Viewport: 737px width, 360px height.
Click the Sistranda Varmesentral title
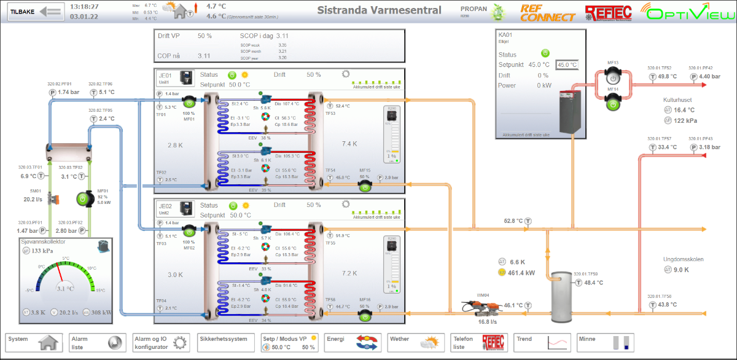(x=379, y=10)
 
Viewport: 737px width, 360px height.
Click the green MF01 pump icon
(x=84, y=199)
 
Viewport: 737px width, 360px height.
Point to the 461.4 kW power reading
(x=521, y=273)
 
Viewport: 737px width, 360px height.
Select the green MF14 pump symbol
(x=612, y=105)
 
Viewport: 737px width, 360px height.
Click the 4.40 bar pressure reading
(x=709, y=77)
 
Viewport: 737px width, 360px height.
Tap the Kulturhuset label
(x=680, y=100)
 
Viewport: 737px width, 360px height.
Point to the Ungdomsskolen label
(x=683, y=259)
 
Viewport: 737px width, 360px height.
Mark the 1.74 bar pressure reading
(x=69, y=92)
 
